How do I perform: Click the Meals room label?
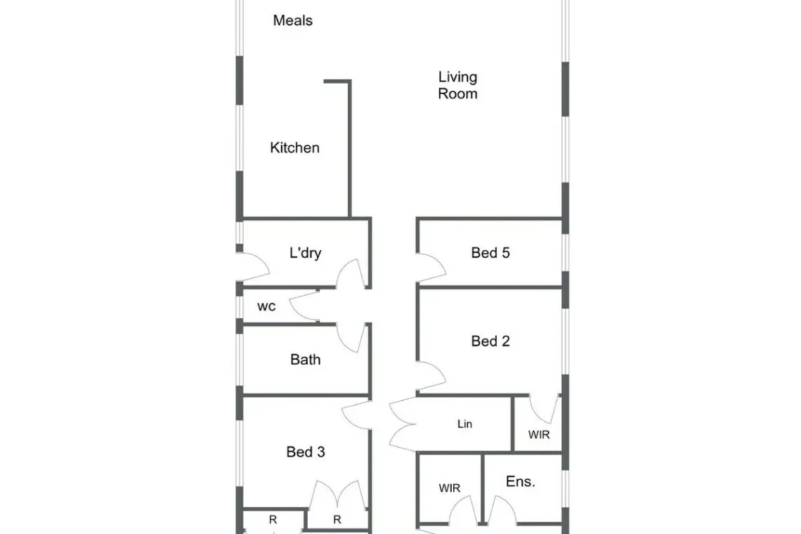[x=293, y=20]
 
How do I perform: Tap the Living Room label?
[x=457, y=85]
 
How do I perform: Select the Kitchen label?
[x=295, y=148]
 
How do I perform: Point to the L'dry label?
[x=305, y=252]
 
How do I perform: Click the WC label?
[x=266, y=306]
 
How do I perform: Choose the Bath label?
[x=306, y=360]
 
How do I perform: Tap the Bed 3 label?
[x=306, y=452]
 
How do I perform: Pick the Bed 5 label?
[x=490, y=252]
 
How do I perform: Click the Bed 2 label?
[x=490, y=341]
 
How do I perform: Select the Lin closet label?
[x=464, y=424]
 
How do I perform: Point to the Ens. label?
[x=521, y=481]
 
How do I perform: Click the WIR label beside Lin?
[x=539, y=434]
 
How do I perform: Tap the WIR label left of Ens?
[x=450, y=488]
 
